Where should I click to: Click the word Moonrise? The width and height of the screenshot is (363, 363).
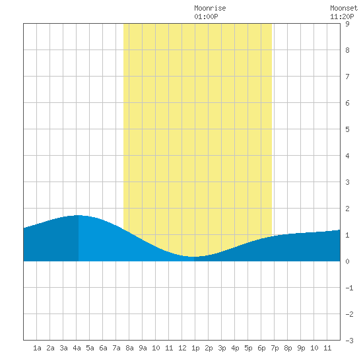pos(210,8)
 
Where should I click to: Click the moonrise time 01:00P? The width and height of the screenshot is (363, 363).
pos(206,16)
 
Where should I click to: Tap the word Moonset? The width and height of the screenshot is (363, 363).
pos(344,8)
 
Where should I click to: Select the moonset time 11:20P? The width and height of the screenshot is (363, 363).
pos(342,16)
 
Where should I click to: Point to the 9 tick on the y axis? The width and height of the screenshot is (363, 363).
pos(347,24)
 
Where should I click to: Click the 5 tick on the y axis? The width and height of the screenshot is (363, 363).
pos(347,129)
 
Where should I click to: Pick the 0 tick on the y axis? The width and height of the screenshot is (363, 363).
pos(347,261)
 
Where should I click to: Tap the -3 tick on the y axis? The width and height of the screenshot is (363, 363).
pos(349,341)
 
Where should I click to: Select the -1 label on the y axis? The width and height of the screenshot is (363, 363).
pos(349,288)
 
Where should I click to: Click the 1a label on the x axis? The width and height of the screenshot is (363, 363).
pos(37,348)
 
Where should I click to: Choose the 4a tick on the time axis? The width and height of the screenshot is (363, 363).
pos(77,348)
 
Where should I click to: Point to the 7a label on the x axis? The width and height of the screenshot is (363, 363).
pos(116,348)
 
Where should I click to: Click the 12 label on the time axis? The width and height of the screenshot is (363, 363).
pos(182,348)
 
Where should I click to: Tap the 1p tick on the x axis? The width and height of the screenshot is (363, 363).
pos(195,348)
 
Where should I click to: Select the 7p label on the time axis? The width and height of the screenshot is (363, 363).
pos(275,348)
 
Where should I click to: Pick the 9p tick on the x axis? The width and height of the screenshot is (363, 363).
pos(301,348)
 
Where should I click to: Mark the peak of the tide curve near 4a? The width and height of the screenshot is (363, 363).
pos(79,215)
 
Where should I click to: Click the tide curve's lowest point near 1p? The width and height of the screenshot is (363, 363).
pos(194,257)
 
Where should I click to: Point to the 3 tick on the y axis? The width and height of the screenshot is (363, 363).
pos(347,182)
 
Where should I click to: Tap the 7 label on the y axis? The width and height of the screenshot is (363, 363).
pos(347,77)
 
